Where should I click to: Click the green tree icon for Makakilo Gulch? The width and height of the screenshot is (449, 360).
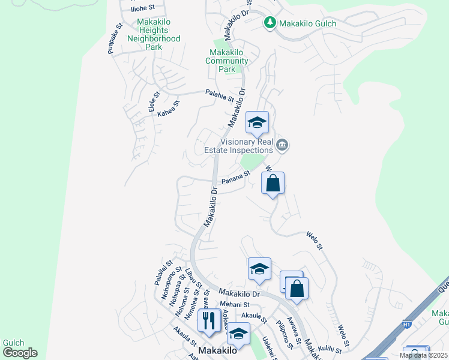[x=270, y=23]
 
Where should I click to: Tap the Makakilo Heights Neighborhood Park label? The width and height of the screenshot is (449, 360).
[x=154, y=34]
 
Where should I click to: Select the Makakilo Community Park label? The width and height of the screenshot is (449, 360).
[x=227, y=61]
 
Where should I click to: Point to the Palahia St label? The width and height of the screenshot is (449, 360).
[x=218, y=95]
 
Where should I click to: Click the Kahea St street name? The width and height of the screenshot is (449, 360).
[x=168, y=109]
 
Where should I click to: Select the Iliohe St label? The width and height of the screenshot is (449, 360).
[x=143, y=8]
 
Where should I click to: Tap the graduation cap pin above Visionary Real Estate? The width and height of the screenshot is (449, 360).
[x=256, y=124]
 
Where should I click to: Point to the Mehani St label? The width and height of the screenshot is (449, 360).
[x=217, y=304]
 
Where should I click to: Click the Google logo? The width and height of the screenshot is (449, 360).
[x=20, y=353]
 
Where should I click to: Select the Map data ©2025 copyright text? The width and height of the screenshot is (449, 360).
[x=423, y=355]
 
